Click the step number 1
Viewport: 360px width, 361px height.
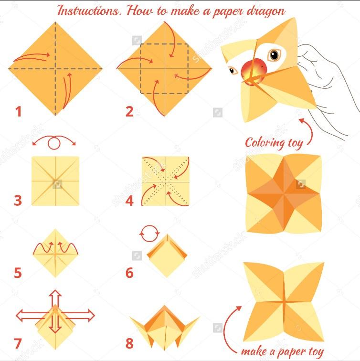click(19, 112)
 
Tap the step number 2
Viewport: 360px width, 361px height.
click(129, 112)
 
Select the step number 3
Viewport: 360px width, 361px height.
click(18, 200)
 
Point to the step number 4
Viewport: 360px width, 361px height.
click(129, 200)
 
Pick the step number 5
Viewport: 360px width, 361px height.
click(18, 273)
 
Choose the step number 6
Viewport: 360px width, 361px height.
click(129, 273)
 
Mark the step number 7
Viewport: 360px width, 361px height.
click(18, 343)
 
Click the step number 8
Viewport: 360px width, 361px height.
click(129, 343)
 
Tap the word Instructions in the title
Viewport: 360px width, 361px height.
click(89, 11)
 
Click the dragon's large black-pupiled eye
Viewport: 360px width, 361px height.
click(274, 55)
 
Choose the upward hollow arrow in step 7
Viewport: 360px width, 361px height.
click(55, 298)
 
